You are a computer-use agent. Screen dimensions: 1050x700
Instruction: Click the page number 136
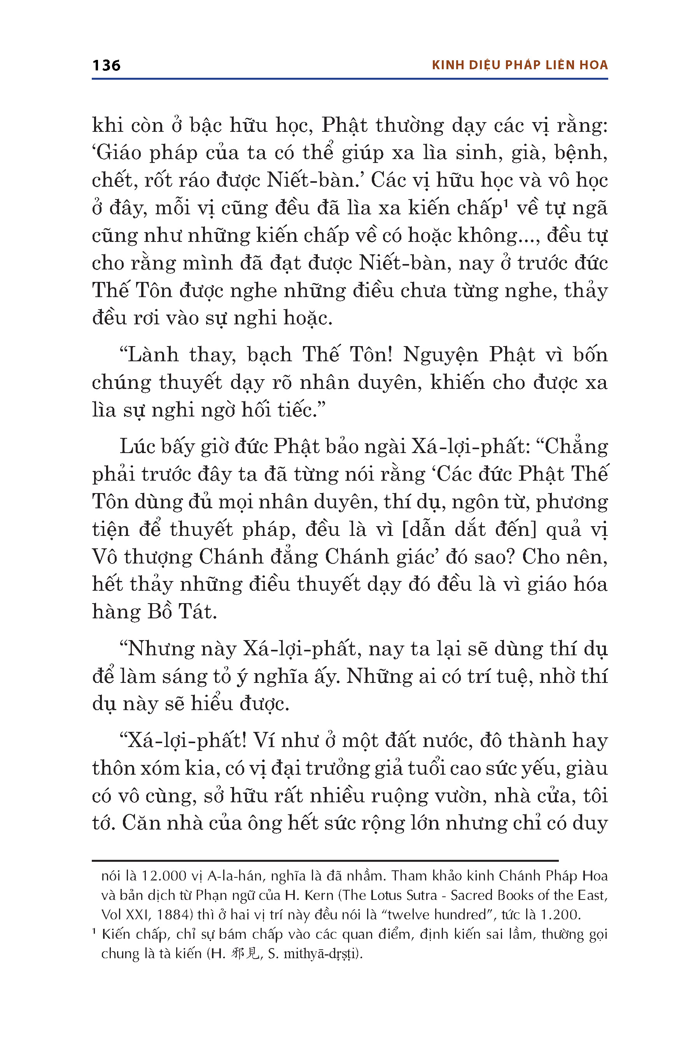pos(106,65)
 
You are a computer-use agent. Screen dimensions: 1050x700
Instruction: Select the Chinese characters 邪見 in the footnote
pos(245,954)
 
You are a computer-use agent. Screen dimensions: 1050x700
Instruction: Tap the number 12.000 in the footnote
pos(164,876)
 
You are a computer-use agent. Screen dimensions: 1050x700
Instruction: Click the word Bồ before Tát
pos(159,612)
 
